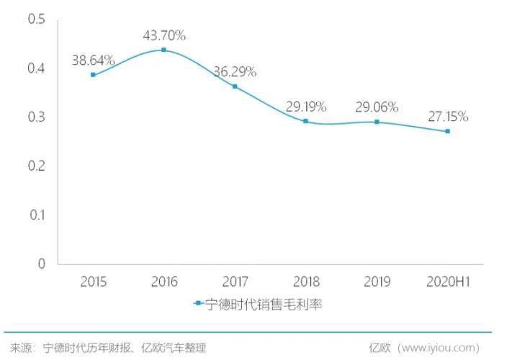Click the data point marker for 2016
point(163,50)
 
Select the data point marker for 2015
point(93,75)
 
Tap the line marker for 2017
point(235,86)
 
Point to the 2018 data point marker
point(305,121)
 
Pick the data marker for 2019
point(376,122)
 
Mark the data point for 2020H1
point(447,131)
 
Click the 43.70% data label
point(163,35)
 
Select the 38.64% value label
point(93,60)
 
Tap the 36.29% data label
point(235,72)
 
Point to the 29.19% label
point(305,107)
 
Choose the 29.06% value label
point(376,107)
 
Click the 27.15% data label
point(447,116)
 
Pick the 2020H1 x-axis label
point(447,281)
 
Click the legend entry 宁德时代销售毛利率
point(262,304)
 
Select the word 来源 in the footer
point(22,348)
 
